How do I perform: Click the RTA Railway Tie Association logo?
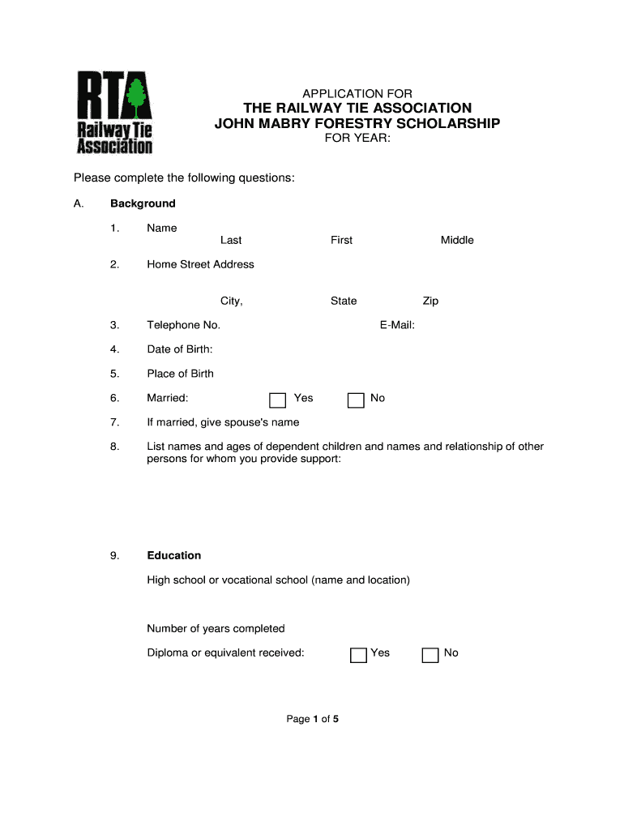[114, 112]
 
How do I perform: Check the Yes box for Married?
[278, 400]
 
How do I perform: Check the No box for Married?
[356, 400]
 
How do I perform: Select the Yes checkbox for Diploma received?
[358, 655]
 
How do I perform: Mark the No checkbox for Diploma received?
[431, 655]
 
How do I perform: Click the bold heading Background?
[143, 203]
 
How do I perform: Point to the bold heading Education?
[173, 555]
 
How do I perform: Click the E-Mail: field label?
[397, 325]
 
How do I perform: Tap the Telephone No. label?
[183, 325]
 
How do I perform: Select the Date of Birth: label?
[179, 349]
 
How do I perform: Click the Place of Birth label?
[180, 374]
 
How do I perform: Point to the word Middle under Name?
[457, 240]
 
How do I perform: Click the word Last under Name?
[231, 240]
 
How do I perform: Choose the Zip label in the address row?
[430, 301]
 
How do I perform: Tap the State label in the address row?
[344, 301]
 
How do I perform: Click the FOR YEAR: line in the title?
[357, 139]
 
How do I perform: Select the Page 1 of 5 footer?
[312, 718]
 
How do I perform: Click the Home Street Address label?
[200, 264]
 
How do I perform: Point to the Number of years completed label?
[216, 628]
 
